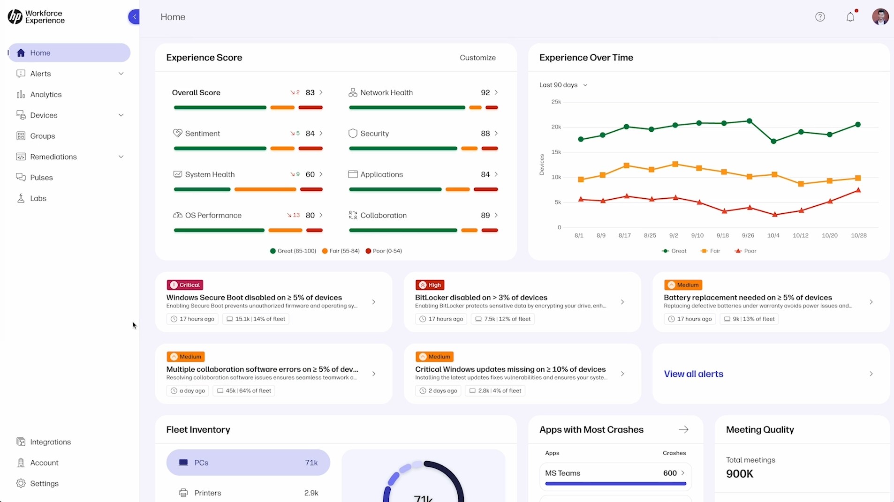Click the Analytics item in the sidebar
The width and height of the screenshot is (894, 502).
click(45, 95)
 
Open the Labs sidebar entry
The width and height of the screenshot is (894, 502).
click(38, 198)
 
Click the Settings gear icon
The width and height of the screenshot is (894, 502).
click(21, 483)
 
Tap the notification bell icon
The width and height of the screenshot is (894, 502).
click(850, 17)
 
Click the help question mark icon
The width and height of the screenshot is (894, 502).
click(820, 17)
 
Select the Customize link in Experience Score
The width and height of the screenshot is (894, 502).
click(477, 58)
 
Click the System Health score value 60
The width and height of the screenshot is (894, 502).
click(310, 174)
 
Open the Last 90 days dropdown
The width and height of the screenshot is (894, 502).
click(563, 85)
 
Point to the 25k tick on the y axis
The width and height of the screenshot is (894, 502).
click(556, 102)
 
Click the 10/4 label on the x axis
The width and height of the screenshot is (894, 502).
click(773, 235)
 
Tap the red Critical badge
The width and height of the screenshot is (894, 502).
click(185, 285)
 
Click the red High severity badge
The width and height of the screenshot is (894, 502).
click(430, 285)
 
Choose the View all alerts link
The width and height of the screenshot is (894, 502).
click(693, 374)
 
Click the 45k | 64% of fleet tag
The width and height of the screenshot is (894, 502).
click(244, 390)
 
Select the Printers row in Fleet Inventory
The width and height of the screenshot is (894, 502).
click(248, 493)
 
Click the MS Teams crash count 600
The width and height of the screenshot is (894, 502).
click(670, 473)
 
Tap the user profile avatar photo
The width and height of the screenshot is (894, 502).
click(880, 17)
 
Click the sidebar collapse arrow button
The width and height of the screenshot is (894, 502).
click(134, 17)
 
